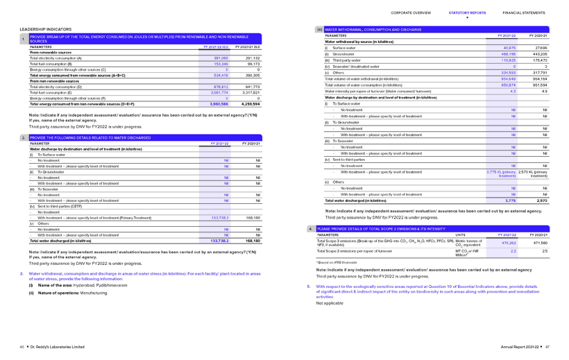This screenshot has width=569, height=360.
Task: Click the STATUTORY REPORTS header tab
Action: [467, 12]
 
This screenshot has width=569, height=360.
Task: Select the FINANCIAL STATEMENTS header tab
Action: [524, 12]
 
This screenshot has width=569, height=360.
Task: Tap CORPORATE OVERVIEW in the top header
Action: [411, 12]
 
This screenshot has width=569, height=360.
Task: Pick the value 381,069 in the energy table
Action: [221, 58]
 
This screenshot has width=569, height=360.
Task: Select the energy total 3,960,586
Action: [219, 104]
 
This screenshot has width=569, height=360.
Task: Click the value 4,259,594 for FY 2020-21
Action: [250, 104]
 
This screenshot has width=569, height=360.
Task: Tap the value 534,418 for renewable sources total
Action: [221, 76]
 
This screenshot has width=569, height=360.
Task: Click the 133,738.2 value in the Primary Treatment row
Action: [219, 218]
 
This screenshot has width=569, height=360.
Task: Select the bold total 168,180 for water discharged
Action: [253, 241]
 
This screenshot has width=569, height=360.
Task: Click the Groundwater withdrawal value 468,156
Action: [508, 53]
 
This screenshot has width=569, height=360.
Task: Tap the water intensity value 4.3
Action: [513, 91]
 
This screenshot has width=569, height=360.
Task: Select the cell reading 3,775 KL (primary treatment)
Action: [501, 173]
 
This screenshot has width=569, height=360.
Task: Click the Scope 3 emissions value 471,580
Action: [539, 243]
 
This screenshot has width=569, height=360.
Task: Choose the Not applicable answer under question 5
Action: [329, 303]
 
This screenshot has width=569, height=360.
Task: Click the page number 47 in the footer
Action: [547, 347]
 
